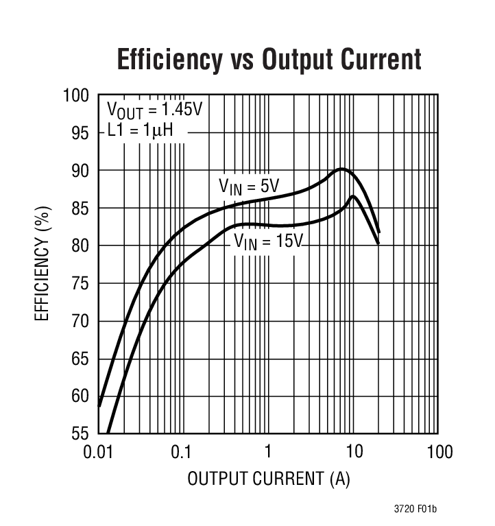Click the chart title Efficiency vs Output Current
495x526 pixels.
[269, 60]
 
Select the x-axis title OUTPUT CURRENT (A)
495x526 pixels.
[269, 478]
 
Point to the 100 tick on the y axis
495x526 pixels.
[76, 95]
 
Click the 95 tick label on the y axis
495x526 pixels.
[80, 133]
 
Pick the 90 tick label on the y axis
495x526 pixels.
[80, 171]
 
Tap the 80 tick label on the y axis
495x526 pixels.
[80, 246]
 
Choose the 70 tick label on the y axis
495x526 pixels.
[80, 321]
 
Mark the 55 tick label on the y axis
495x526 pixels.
[80, 433]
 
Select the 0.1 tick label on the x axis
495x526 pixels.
[181, 452]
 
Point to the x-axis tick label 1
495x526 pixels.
[268, 452]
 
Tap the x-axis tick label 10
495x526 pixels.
[354, 452]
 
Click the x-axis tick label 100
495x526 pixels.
[439, 452]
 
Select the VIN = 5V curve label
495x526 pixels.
[249, 186]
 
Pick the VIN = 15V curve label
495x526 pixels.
[268, 241]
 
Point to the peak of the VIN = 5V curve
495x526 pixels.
[341, 168]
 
